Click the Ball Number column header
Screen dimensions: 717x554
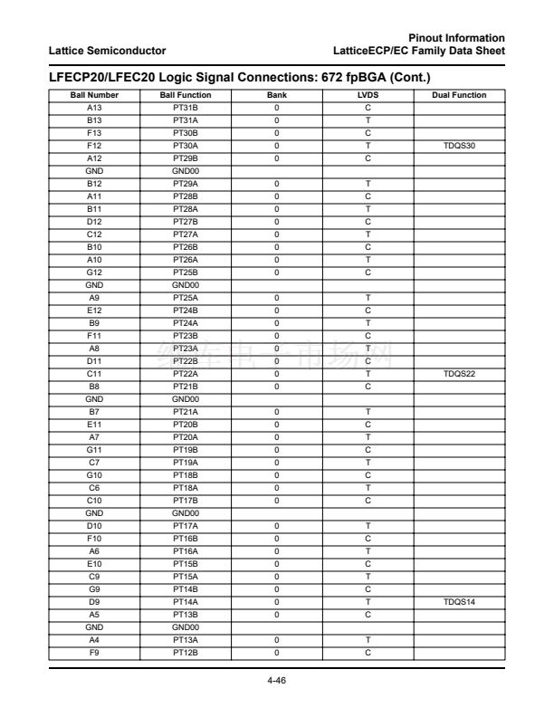coord(93,95)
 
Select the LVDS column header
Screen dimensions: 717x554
coord(368,95)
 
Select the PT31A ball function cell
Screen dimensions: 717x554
coord(185,120)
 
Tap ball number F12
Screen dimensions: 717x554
coord(93,145)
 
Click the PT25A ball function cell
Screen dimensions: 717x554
coord(185,297)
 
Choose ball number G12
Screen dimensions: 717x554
coord(93,272)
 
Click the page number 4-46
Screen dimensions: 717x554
coord(276,681)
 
